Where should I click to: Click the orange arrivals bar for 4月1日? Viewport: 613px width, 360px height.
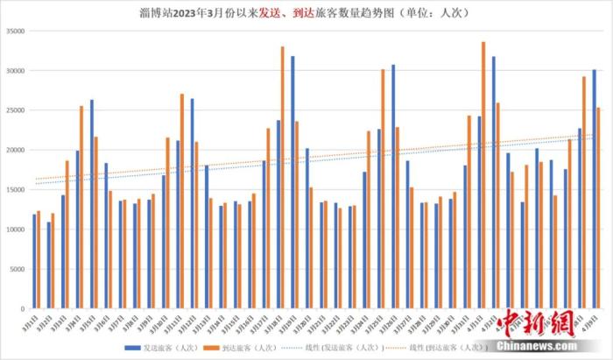[x=483, y=175]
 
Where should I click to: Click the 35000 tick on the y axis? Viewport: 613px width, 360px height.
[x=14, y=31]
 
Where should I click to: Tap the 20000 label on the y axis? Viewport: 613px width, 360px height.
[x=14, y=150]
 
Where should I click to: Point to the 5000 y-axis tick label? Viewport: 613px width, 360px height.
[x=17, y=269]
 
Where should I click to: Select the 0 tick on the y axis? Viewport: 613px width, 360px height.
[x=23, y=308]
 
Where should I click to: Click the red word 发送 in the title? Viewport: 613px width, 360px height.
[x=272, y=11]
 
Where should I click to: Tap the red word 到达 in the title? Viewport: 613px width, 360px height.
[x=307, y=11]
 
